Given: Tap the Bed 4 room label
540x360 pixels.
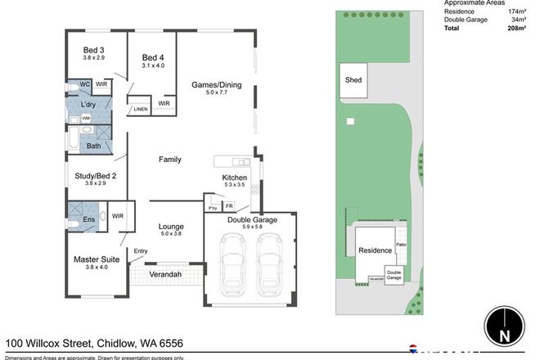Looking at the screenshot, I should click(x=153, y=57).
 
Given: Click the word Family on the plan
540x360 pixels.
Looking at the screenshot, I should click(x=170, y=160).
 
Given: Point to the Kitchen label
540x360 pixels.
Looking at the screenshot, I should click(x=235, y=178).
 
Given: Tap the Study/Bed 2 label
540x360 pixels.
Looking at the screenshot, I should click(x=96, y=175).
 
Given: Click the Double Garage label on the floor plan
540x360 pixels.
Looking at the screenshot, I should click(x=252, y=220).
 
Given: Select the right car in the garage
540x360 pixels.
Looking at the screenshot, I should click(x=269, y=267).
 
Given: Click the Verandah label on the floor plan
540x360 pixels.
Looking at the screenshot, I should click(x=164, y=275).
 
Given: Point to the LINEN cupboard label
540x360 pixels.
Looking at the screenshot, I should click(x=141, y=109).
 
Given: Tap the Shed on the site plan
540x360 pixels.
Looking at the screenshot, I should click(x=353, y=80).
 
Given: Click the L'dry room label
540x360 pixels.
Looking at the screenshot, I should click(x=90, y=106).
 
